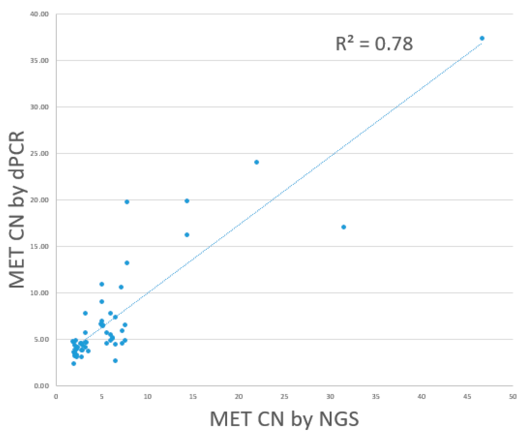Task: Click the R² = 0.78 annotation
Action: pos(374,44)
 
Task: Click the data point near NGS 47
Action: pos(482,38)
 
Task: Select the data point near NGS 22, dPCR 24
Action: pos(257,162)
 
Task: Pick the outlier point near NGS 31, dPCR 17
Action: pos(343,227)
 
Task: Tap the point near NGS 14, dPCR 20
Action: pos(187,201)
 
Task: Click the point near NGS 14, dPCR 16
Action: pos(187,235)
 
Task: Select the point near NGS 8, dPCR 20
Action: pos(127,202)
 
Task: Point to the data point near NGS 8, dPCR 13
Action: pos(127,263)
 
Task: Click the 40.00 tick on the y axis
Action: pos(39,14)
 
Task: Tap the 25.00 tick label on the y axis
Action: pos(39,153)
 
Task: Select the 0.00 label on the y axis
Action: pos(41,386)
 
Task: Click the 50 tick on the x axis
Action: pos(513,397)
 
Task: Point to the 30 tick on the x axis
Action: pos(330,397)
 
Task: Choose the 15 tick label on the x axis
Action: pos(193,397)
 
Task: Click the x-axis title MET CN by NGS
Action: pos(284,419)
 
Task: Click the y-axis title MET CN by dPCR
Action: pos(17,209)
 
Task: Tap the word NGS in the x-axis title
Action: pos(339,419)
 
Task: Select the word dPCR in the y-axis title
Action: pos(17,155)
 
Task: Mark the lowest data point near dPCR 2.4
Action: pos(74,364)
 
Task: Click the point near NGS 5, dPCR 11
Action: pos(102,284)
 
